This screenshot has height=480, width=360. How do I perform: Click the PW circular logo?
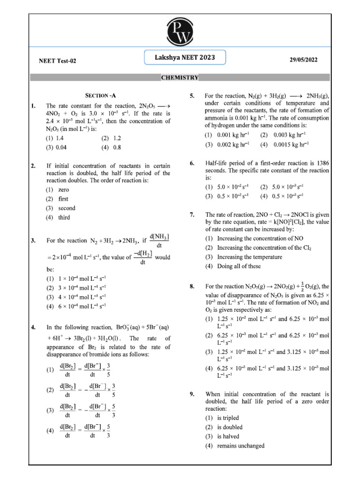click(x=180, y=32)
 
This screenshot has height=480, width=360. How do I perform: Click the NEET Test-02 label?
click(x=57, y=61)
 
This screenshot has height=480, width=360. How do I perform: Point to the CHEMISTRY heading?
click(x=180, y=78)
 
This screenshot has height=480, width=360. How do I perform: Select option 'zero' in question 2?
click(x=63, y=190)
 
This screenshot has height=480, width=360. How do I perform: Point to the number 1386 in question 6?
click(x=321, y=163)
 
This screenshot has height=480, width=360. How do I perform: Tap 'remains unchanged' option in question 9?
click(x=240, y=446)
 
